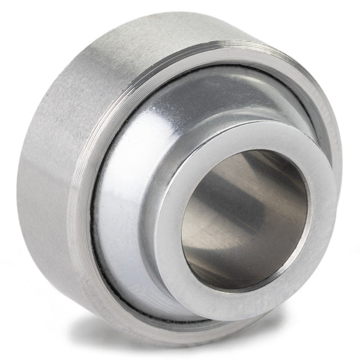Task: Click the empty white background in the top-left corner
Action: point(19,19)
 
